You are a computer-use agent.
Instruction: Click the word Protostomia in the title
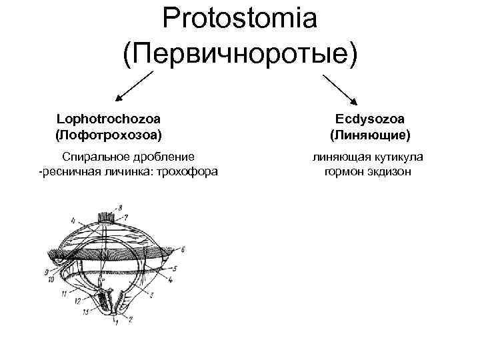point(239,19)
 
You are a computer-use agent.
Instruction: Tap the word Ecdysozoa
point(370,119)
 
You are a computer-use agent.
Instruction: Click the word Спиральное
point(91,157)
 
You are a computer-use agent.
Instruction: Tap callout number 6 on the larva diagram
point(182,249)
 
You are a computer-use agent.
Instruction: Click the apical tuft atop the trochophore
point(107,217)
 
